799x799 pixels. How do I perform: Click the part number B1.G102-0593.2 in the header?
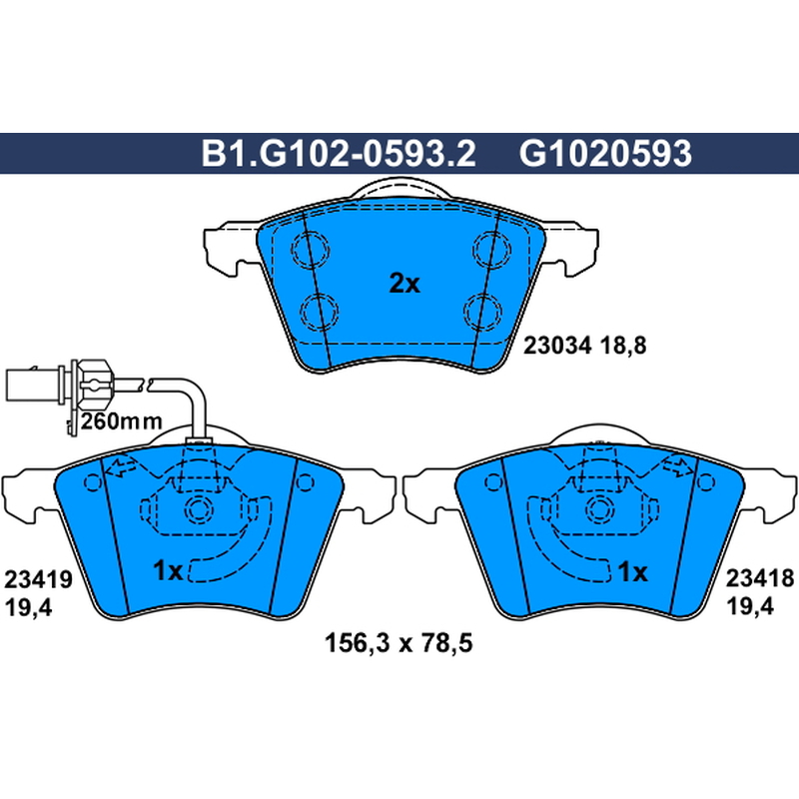coord(339,154)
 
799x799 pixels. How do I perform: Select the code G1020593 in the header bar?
coord(605,154)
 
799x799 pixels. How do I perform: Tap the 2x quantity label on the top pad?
coord(404,284)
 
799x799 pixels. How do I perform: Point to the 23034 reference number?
coord(557,346)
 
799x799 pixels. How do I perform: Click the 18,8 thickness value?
coord(623,346)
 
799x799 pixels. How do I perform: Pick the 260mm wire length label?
coord(122,421)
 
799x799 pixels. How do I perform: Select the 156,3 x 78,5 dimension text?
coord(399,642)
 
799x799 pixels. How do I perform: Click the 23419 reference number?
coord(38,579)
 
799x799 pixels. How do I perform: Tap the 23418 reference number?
coord(760,578)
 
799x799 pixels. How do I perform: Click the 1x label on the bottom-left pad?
coord(168,570)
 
